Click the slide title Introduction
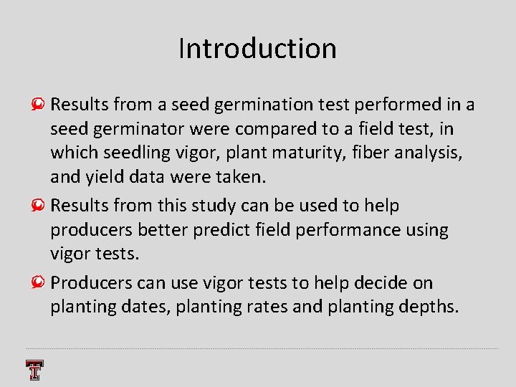(x=257, y=49)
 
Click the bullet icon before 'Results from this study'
(x=42, y=206)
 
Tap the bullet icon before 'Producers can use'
(x=42, y=283)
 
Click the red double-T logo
(x=34, y=370)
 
